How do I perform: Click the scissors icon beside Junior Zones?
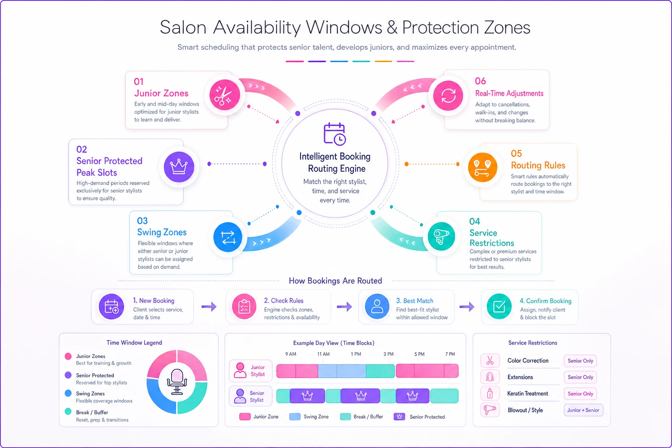click(x=224, y=95)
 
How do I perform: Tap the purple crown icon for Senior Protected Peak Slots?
click(x=179, y=167)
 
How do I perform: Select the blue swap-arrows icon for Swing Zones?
click(x=227, y=237)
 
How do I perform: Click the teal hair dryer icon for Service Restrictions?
click(x=441, y=237)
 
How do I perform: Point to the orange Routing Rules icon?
click(x=483, y=168)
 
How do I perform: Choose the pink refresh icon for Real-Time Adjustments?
click(x=448, y=96)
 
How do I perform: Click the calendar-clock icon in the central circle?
click(x=335, y=134)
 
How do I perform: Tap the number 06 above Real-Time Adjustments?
click(x=480, y=81)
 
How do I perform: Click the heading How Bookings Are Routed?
click(x=335, y=280)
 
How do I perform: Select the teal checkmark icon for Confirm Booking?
click(x=499, y=306)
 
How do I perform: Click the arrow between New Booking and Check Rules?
click(x=209, y=306)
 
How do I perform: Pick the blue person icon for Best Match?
click(x=377, y=306)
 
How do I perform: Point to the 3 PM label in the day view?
click(x=388, y=354)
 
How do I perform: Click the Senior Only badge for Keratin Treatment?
click(x=580, y=394)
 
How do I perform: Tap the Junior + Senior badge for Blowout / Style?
click(x=583, y=410)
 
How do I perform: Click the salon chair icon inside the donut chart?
click(x=177, y=381)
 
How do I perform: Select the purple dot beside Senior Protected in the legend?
click(x=68, y=375)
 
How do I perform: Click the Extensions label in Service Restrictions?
click(x=520, y=377)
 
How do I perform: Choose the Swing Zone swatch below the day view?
click(x=294, y=416)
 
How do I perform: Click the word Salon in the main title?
click(x=183, y=27)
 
